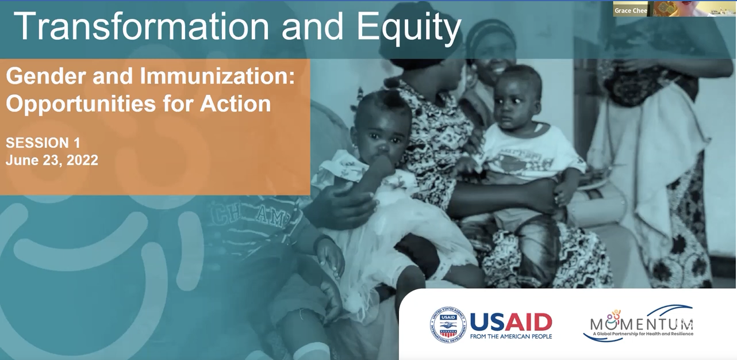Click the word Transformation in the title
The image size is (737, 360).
tap(141, 26)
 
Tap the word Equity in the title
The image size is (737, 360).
tap(409, 28)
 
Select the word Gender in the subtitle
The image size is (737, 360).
tap(46, 76)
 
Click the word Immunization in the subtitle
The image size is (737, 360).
tap(217, 76)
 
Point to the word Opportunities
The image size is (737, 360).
tap(80, 105)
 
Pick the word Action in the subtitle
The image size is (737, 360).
tap(235, 104)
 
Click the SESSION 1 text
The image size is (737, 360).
tap(43, 143)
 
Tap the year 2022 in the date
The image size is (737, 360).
tap(82, 160)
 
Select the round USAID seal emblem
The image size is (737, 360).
tap(448, 324)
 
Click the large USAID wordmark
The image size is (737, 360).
tap(511, 321)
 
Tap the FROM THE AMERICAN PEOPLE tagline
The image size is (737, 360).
tap(511, 336)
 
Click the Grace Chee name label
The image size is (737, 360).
tap(631, 11)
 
